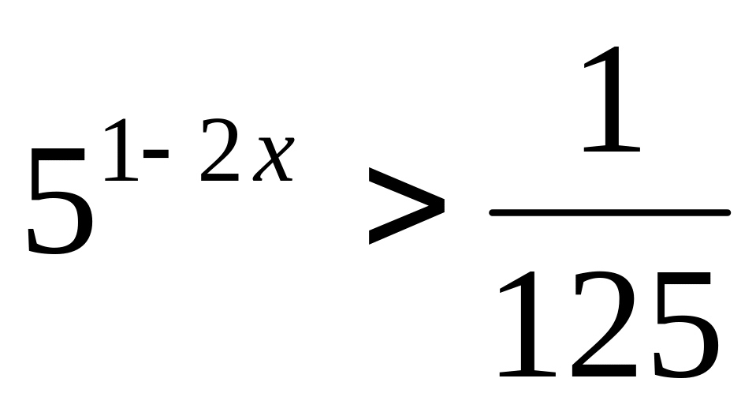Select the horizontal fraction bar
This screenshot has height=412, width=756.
(609, 212)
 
